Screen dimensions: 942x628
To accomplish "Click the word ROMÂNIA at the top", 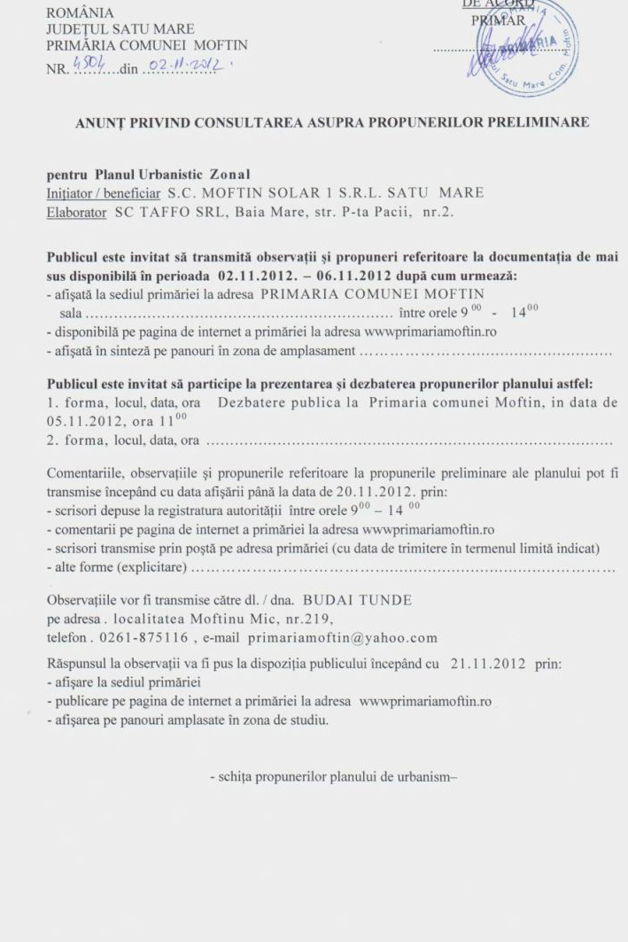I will (80, 13).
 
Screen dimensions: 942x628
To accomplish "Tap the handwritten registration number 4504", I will (89, 64).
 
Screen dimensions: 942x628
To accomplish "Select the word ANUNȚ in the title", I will (101, 122).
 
